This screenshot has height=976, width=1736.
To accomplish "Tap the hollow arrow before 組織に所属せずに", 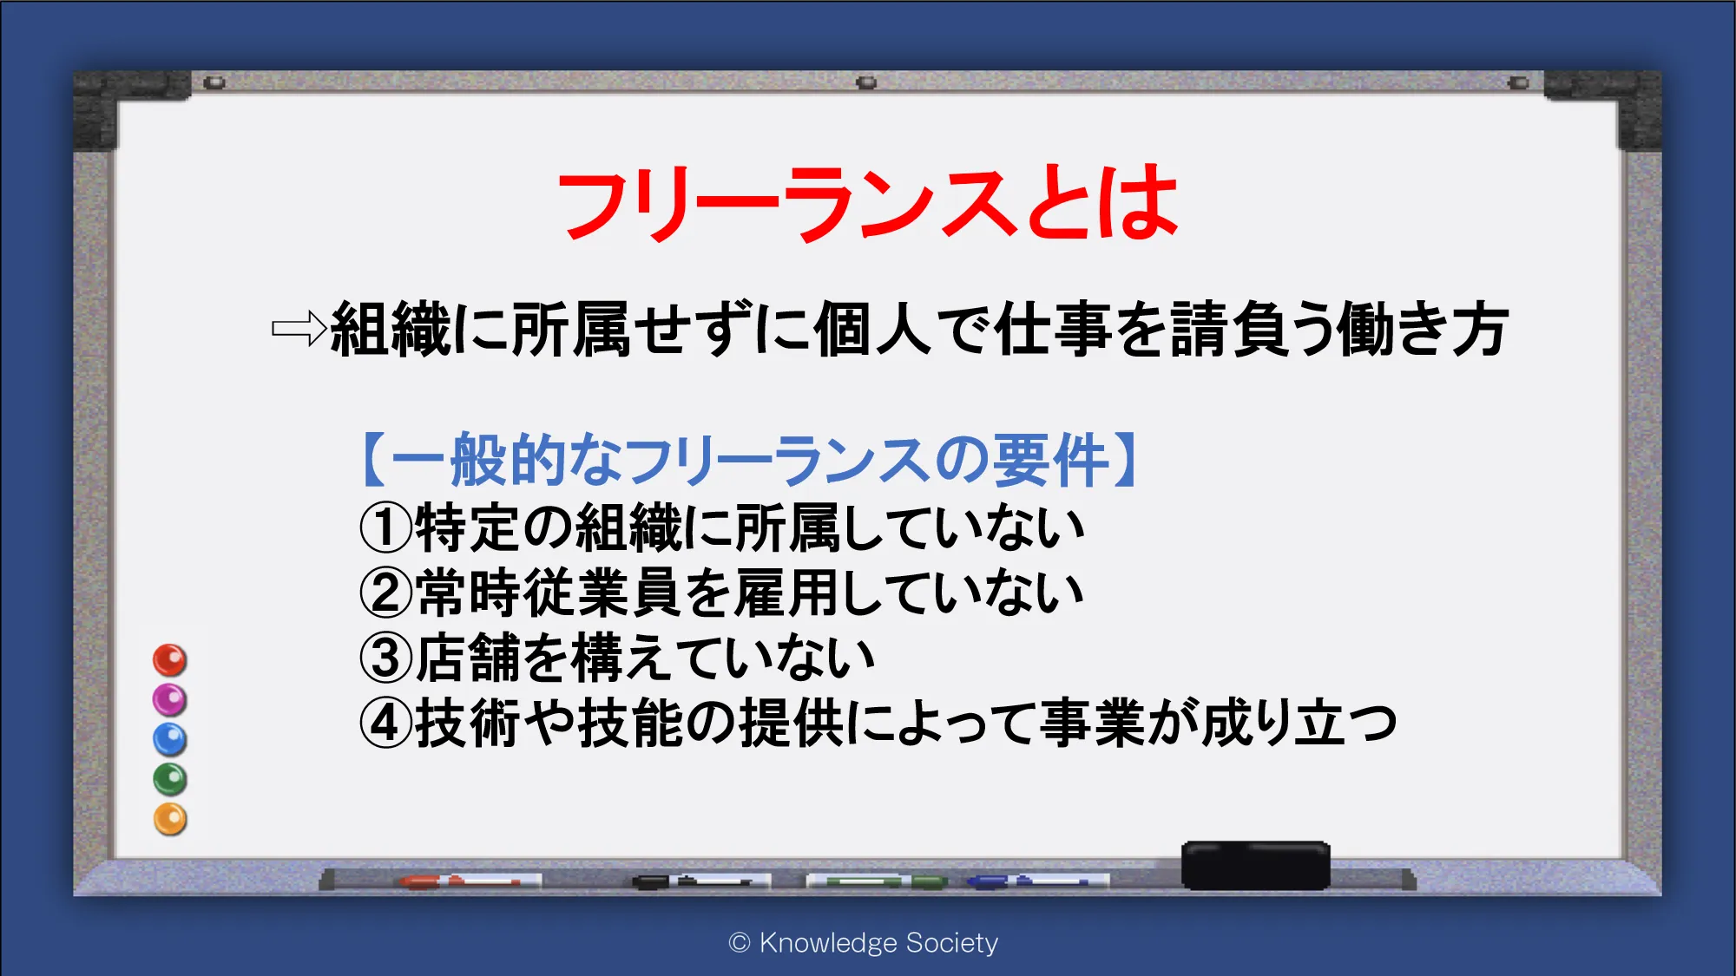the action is coord(299,329).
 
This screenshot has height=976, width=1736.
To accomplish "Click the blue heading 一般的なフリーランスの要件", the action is coord(750,460).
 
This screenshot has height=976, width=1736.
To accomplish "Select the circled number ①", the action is coord(385,527).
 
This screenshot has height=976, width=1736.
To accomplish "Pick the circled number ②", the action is coord(385,593).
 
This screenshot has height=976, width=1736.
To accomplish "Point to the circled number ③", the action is coord(385,658).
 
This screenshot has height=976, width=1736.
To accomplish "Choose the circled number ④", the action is coord(385,723).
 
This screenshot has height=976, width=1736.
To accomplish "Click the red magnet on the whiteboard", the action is coord(170,660).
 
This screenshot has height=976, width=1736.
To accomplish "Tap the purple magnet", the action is coord(170,700).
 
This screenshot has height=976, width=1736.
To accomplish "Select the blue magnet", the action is coord(170,740).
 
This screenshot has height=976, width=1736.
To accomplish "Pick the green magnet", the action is coord(170,779).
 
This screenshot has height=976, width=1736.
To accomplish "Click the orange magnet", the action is coord(170,819).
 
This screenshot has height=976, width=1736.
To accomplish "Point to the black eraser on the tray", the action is coord(1255,865).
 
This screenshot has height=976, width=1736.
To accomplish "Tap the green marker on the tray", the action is coord(877,881).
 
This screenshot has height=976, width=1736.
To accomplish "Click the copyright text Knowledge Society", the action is coord(864,942).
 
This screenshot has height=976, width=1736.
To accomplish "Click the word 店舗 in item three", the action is coord(467,658).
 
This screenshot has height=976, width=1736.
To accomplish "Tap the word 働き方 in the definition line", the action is coord(1422,329).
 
